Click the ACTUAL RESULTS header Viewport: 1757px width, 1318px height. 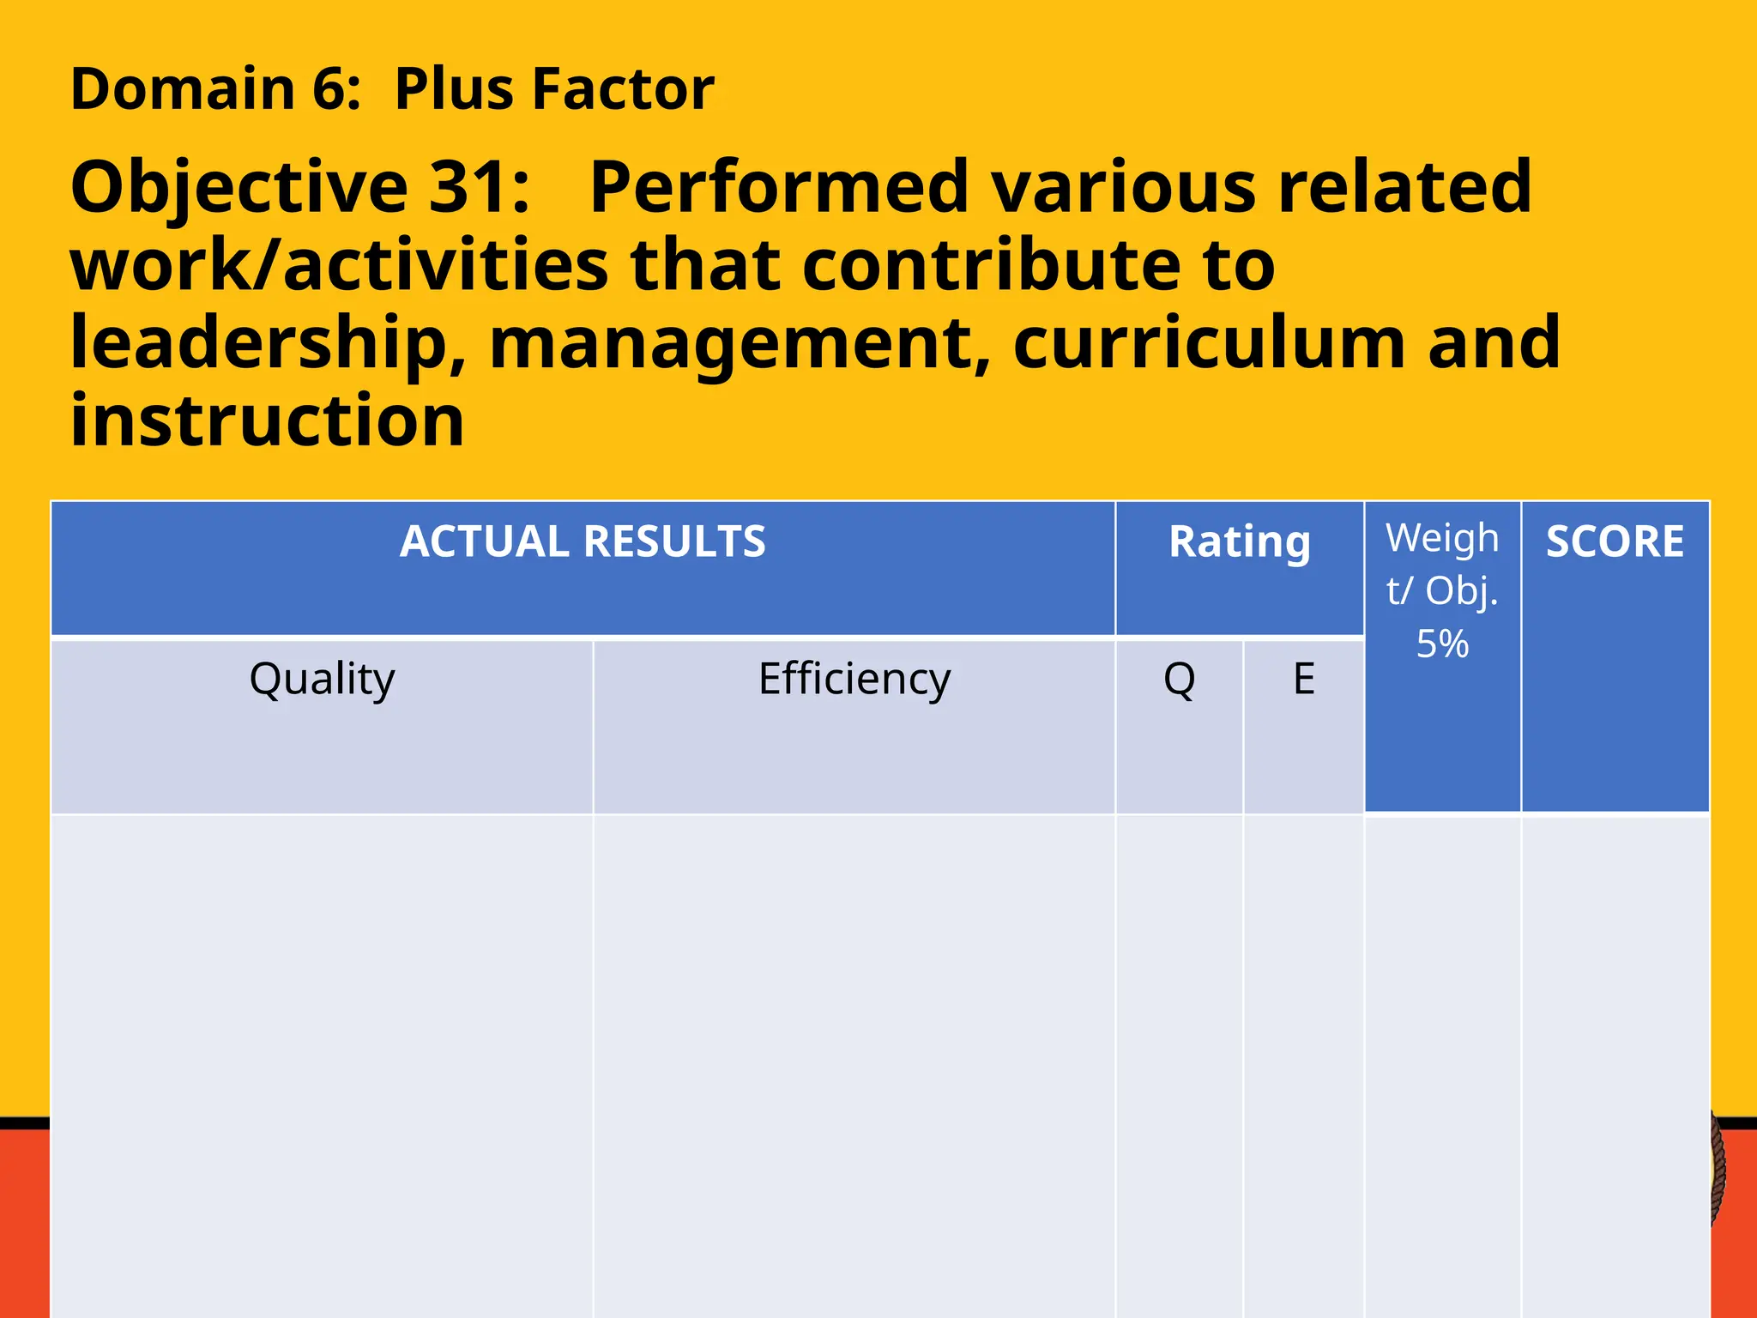tap(583, 542)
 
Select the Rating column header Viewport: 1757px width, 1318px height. tap(1240, 542)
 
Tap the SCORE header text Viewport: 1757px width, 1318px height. tap(1615, 542)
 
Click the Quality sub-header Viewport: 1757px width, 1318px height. tap(322, 679)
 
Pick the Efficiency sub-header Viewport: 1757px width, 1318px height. tap(854, 679)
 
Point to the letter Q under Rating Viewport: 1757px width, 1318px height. tap(1179, 679)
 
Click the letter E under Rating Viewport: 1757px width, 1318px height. tap(1303, 679)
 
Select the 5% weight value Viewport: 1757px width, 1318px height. tap(1442, 644)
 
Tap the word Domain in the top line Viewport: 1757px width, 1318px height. tap(183, 89)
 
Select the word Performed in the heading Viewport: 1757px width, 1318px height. tap(779, 187)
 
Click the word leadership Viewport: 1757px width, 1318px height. tap(268, 343)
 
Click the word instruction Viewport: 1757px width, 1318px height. tap(267, 420)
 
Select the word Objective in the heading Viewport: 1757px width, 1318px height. tap(239, 187)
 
